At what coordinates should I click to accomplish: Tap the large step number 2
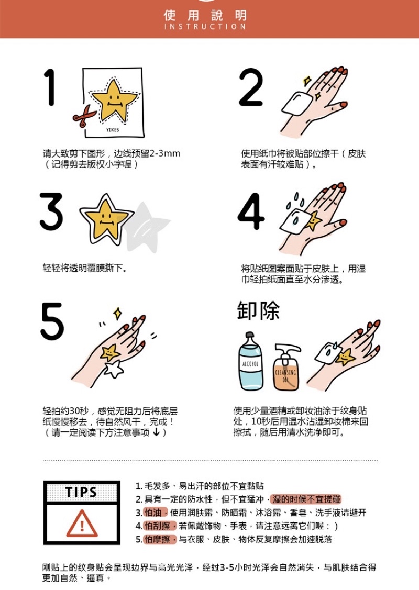click(251, 87)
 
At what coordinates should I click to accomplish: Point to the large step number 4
click(251, 211)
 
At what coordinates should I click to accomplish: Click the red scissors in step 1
click(84, 116)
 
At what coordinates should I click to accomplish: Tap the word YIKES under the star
click(112, 130)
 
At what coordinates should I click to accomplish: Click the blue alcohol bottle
click(250, 362)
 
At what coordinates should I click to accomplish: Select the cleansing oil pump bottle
click(286, 368)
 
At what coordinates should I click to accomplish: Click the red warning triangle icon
click(82, 524)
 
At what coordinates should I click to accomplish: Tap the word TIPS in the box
click(81, 492)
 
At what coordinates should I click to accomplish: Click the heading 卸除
click(258, 311)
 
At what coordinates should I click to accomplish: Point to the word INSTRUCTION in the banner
click(205, 27)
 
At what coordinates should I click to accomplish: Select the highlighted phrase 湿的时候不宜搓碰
click(306, 499)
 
